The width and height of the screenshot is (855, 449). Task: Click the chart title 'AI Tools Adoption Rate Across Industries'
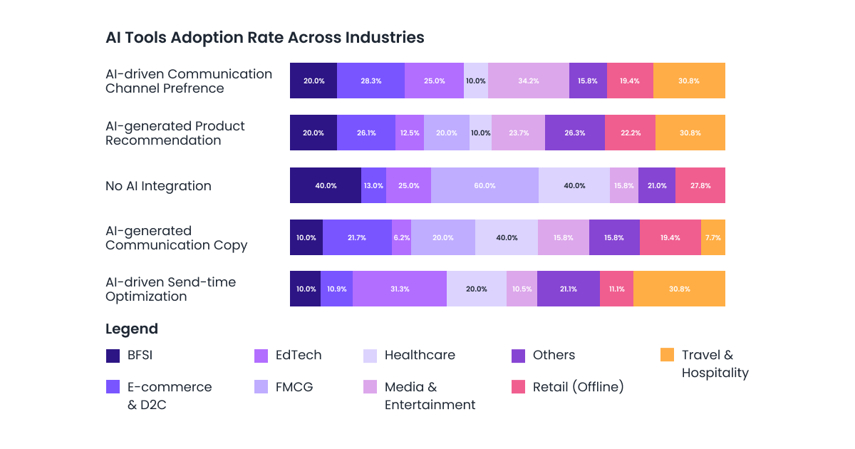point(264,38)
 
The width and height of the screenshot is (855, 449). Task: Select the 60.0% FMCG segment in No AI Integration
point(484,185)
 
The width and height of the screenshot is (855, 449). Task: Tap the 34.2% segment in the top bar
point(528,81)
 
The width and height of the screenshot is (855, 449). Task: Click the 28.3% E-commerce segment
point(370,81)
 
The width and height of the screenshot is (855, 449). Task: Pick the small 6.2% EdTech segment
point(401,237)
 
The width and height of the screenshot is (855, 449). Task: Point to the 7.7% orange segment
point(712,237)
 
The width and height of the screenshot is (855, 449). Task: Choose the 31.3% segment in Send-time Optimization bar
point(399,289)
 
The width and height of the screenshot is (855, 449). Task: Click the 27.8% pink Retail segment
point(700,185)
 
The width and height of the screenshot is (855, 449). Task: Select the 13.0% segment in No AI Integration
point(373,185)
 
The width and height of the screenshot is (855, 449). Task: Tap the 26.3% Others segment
point(574,133)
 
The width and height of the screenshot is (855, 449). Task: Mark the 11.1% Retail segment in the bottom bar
point(616,289)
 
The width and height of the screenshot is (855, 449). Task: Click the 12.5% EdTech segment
point(409,133)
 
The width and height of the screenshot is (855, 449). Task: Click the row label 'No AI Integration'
point(158,186)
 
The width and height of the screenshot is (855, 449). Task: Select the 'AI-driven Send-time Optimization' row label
point(170,289)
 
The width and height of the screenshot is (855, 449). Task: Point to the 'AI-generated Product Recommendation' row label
point(175,133)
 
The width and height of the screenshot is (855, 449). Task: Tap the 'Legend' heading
point(132,329)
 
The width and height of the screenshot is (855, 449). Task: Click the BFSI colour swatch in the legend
point(113,356)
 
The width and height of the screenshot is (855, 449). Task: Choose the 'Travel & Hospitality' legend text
point(715,363)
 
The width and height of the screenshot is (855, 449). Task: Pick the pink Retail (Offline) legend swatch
point(519,387)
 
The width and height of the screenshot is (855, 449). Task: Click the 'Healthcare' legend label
point(420,355)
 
